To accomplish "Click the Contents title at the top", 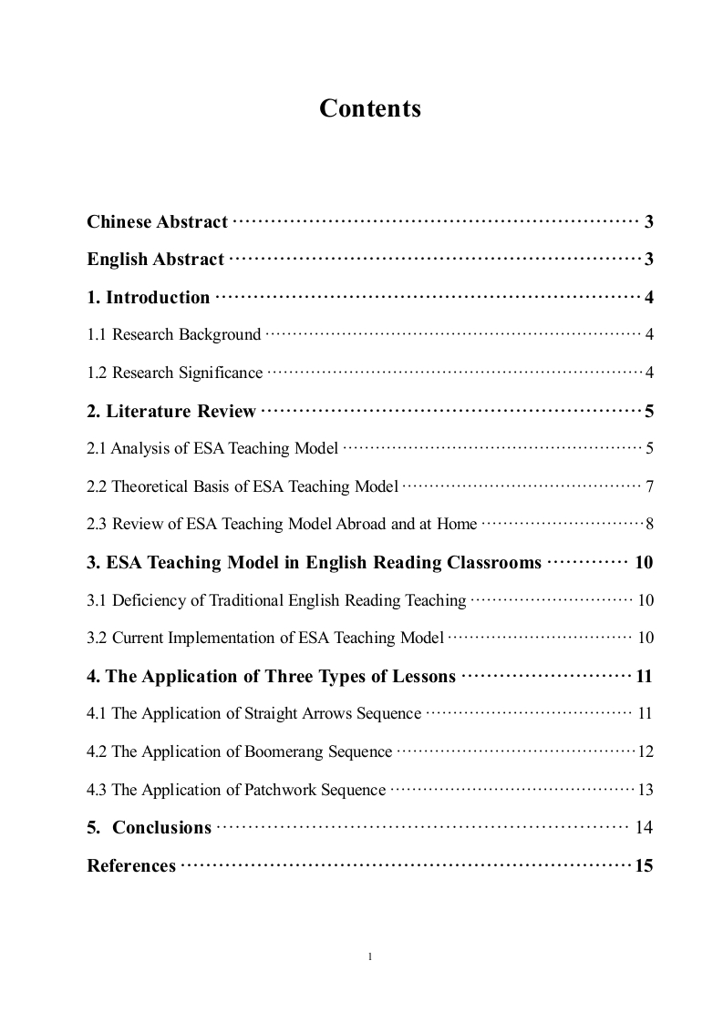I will pos(369,108).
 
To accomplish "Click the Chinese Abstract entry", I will pos(157,221).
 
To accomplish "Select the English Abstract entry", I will pos(155,260).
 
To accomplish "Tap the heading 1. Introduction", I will pos(148,297).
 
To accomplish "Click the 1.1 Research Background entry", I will pos(173,334).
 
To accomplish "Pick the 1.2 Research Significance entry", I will pos(174,373).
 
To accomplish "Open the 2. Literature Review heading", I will pos(171,411).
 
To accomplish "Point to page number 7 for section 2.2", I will pos(649,486).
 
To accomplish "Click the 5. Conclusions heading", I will pos(149,827).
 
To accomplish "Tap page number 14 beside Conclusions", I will pos(644,827).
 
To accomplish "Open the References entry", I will pos(131,865).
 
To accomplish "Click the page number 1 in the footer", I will pos(369,956).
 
